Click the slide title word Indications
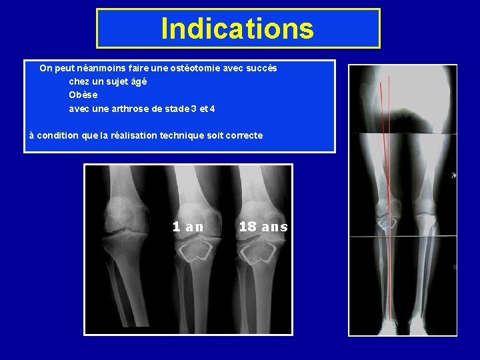coord(237,29)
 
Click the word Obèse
coord(83,95)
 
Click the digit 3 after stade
coord(193,108)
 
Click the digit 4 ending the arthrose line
coord(213,108)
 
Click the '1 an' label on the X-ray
coord(188,227)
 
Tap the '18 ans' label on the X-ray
coord(263,227)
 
